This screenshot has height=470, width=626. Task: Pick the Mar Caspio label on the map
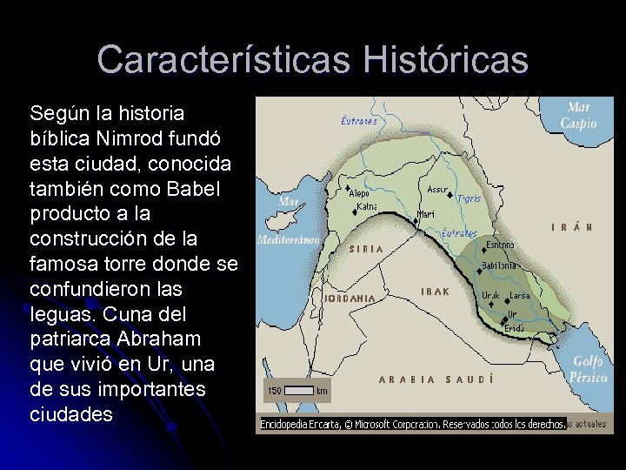[x=578, y=116]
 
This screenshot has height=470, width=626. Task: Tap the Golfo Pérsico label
[x=588, y=370]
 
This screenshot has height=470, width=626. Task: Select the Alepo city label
[x=365, y=193]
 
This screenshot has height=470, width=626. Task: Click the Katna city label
[x=367, y=207]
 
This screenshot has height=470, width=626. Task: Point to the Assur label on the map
[x=437, y=189]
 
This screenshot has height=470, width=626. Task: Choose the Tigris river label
[x=469, y=198]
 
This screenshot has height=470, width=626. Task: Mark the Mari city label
[x=426, y=213]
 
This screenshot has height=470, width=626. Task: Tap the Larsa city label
[x=520, y=296]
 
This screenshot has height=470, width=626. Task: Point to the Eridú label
[x=515, y=328]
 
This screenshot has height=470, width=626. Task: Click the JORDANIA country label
[x=350, y=298]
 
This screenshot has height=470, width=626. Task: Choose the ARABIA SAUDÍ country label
[x=436, y=379]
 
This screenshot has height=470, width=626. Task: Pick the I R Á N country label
[x=572, y=227]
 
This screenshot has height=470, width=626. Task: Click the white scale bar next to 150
[x=298, y=391]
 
